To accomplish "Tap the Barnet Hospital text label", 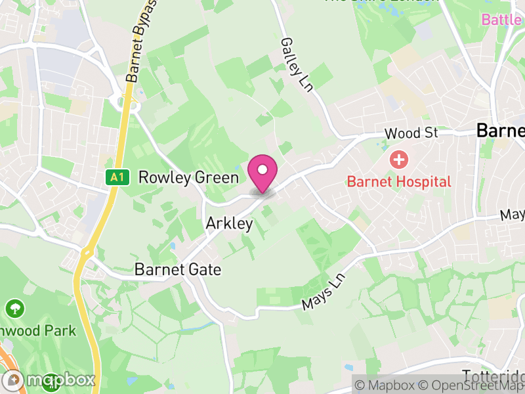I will (399, 181).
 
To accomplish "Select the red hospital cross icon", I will (398, 159).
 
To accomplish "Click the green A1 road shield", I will (116, 177).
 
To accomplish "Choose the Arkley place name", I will (229, 223).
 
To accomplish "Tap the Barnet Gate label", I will (177, 269).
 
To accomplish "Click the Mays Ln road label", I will (323, 292).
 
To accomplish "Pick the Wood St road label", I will (411, 133).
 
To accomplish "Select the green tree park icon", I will (14, 307).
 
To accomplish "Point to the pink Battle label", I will (502, 20).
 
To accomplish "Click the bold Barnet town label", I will (501, 131).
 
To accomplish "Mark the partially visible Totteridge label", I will (494, 376).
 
